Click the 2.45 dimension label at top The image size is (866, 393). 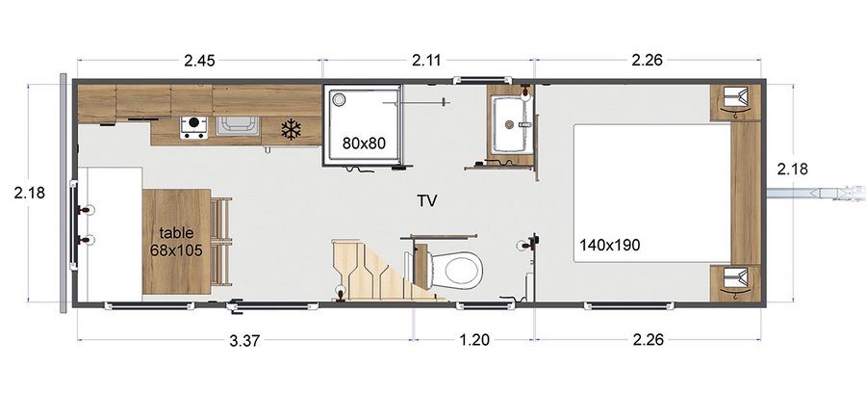[199, 61]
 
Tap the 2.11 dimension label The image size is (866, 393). [427, 61]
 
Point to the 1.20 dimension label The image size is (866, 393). [474, 339]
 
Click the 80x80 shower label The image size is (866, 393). [364, 144]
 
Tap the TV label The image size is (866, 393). [427, 201]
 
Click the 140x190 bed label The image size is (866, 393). [610, 245]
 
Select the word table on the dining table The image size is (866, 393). [176, 232]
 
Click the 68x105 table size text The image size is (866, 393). [176, 249]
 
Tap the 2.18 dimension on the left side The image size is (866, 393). [32, 194]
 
